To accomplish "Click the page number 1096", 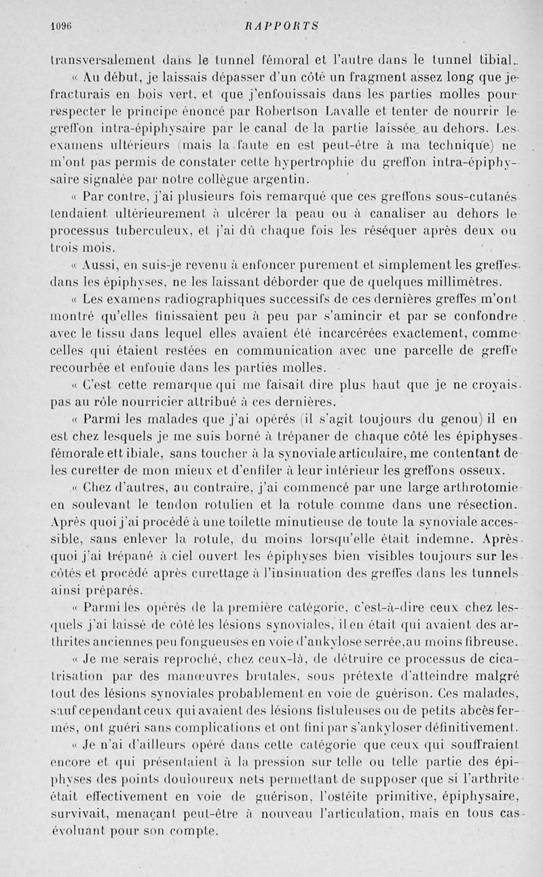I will tap(62, 26).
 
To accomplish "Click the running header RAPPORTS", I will tap(283, 26).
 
